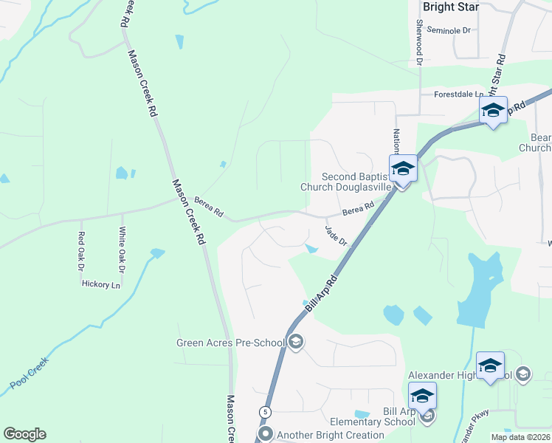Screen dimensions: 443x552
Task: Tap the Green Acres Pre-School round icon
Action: point(296,341)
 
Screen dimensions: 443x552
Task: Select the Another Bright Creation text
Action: point(330,435)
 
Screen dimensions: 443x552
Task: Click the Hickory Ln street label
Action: point(100,284)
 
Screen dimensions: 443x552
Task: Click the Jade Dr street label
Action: point(337,236)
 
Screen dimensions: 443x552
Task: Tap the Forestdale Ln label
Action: point(458,95)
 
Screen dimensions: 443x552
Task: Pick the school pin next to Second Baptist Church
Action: point(403,168)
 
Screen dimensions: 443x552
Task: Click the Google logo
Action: point(24,434)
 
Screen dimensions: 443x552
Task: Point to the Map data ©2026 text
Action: point(520,437)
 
